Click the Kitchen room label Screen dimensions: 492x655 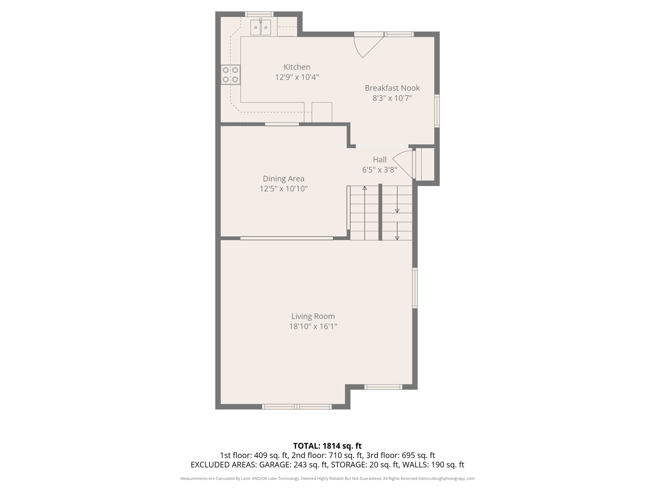point(297,67)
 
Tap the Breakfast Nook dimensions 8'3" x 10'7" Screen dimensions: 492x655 point(392,98)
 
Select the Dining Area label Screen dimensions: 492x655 point(283,179)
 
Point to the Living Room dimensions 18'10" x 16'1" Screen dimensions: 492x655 point(313,326)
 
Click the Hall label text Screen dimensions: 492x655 point(380,160)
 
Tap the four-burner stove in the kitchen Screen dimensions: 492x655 point(230,75)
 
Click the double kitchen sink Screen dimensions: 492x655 point(261,28)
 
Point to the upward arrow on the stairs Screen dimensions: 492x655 point(365,188)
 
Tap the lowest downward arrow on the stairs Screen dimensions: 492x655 point(397,238)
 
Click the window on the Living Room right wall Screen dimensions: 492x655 point(415,288)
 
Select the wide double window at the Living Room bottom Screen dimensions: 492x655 point(297,406)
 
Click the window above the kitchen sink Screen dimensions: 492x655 point(259,14)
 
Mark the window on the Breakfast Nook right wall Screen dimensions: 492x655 point(437,111)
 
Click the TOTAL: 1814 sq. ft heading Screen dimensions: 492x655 point(327,446)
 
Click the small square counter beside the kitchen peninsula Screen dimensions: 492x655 point(322,112)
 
